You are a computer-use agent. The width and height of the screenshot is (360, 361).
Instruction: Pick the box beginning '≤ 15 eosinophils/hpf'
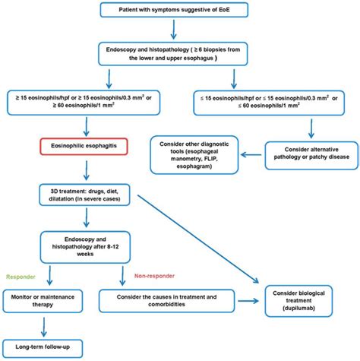pos(264,102)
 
